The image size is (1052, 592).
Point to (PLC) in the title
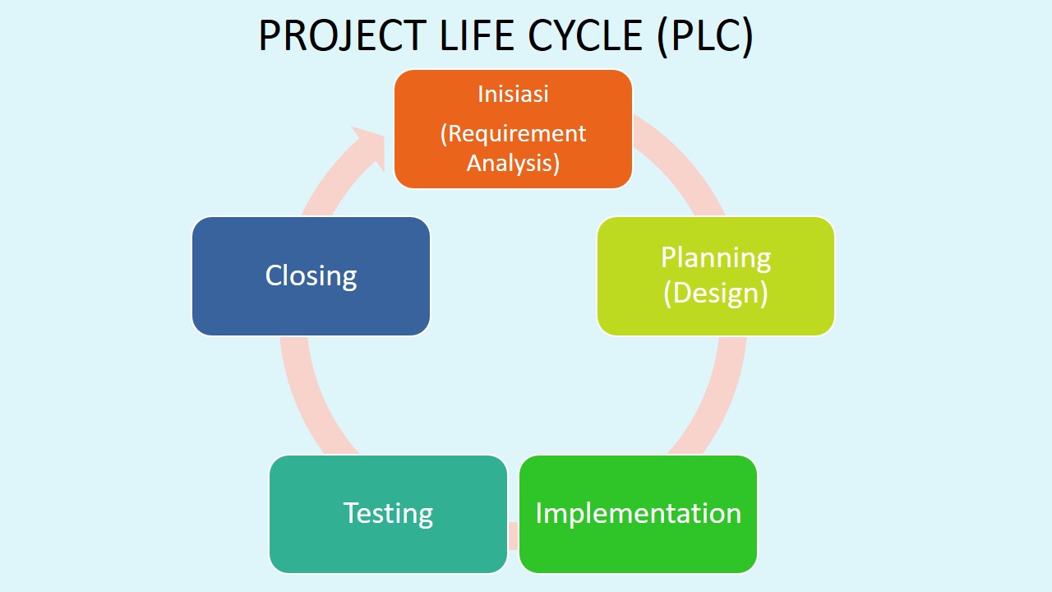pyautogui.click(x=706, y=37)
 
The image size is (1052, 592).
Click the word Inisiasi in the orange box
pyautogui.click(x=513, y=94)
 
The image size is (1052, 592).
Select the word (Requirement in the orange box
pyautogui.click(x=513, y=133)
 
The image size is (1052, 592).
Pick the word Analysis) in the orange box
pyautogui.click(x=513, y=162)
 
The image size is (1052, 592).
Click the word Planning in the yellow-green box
pyautogui.click(x=716, y=257)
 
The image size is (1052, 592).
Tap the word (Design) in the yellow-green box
pyautogui.click(x=716, y=293)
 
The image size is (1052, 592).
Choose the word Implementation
pyautogui.click(x=638, y=513)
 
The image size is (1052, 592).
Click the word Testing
pyautogui.click(x=388, y=513)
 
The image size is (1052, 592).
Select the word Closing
pyautogui.click(x=311, y=275)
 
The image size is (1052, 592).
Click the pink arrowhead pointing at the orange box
pyautogui.click(x=367, y=148)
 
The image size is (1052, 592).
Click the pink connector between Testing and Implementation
pyautogui.click(x=513, y=534)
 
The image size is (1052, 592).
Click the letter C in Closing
pyautogui.click(x=274, y=275)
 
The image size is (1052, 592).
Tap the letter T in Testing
pyautogui.click(x=350, y=513)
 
